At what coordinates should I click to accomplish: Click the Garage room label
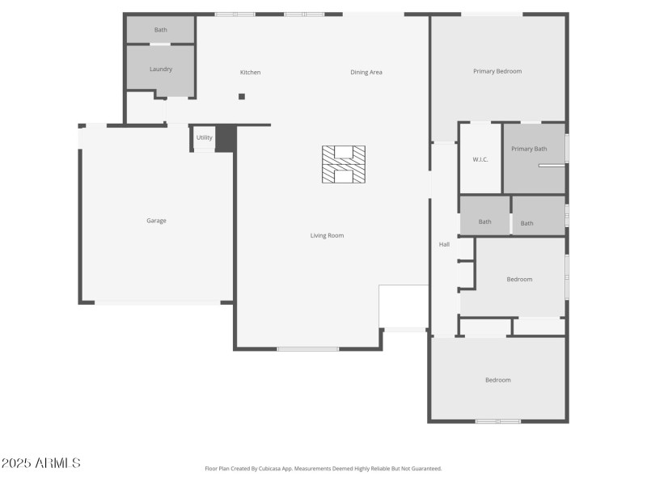point(156,221)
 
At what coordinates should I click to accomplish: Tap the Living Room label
point(327,236)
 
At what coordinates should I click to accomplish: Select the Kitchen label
point(250,73)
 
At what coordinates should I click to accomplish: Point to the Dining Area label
point(366,73)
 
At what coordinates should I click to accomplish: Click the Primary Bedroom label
point(497,71)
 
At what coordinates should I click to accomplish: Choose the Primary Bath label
point(529,149)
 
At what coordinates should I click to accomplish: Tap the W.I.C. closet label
point(480,159)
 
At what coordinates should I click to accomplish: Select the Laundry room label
point(161,70)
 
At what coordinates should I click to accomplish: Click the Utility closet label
point(204,137)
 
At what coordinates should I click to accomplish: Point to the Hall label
point(444,244)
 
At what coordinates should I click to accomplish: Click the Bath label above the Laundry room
point(161,30)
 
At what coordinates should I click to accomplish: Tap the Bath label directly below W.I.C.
point(484,222)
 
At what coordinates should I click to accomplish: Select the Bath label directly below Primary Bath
point(526,224)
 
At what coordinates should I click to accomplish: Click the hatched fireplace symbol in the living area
point(344,164)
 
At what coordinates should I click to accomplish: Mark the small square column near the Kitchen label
point(241,96)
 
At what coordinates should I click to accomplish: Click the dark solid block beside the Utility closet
point(226,138)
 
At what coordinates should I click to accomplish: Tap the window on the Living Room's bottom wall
point(307,348)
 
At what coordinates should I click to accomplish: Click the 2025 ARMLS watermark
point(40,463)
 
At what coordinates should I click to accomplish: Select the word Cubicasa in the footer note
point(276,469)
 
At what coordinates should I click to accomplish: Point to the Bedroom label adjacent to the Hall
point(519,280)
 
